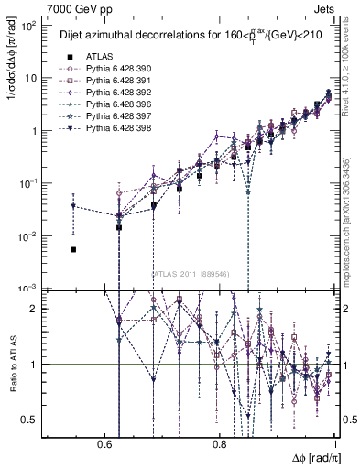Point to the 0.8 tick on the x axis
point(220,443)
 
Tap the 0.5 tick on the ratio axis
point(34,420)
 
